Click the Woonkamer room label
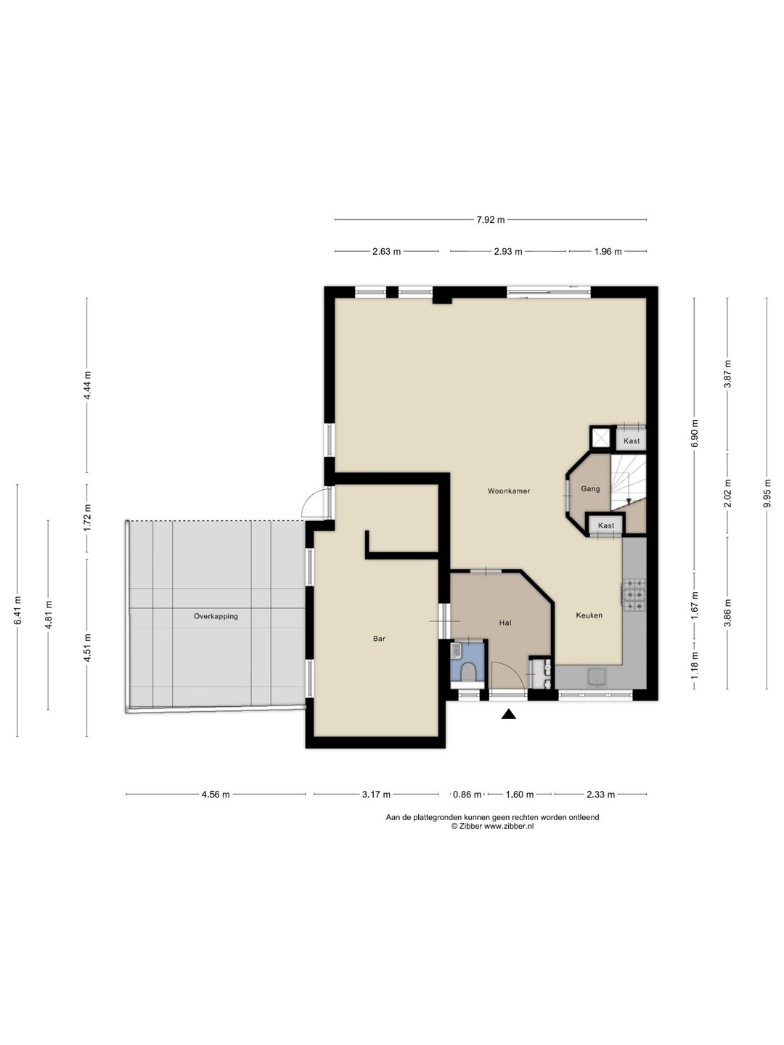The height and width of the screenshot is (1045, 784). (508, 491)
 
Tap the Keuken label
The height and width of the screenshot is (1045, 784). (589, 615)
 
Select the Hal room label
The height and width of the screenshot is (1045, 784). (505, 622)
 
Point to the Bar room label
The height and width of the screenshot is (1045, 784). (379, 639)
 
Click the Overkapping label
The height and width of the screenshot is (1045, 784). (216, 616)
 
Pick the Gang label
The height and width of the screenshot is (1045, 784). (590, 489)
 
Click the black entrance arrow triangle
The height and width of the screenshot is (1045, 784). (508, 713)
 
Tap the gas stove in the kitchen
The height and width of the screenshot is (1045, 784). (634, 594)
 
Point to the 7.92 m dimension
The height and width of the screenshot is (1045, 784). (491, 220)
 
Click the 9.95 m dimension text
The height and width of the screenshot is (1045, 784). (767, 493)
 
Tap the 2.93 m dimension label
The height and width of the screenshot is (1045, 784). (508, 251)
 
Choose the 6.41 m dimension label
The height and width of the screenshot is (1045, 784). (17, 610)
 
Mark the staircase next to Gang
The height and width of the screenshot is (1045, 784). (628, 483)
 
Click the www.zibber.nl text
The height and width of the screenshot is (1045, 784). (509, 827)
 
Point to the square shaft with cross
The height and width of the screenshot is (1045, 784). (601, 438)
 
